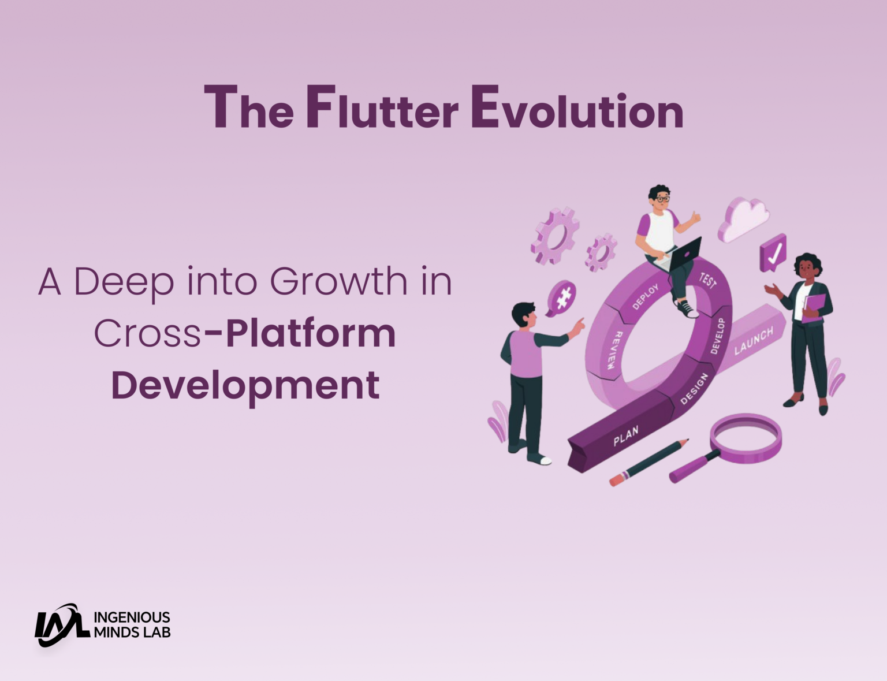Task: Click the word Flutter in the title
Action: tap(382, 109)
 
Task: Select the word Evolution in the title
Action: tap(577, 109)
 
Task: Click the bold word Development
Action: tap(245, 385)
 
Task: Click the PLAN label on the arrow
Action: tap(626, 437)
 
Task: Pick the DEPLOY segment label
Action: tap(645, 296)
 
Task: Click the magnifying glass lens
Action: tap(746, 433)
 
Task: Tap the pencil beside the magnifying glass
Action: tap(649, 462)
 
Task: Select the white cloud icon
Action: tap(745, 219)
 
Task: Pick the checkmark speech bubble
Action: tap(773, 253)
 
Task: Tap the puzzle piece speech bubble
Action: tap(562, 297)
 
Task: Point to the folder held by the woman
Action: tap(814, 306)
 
